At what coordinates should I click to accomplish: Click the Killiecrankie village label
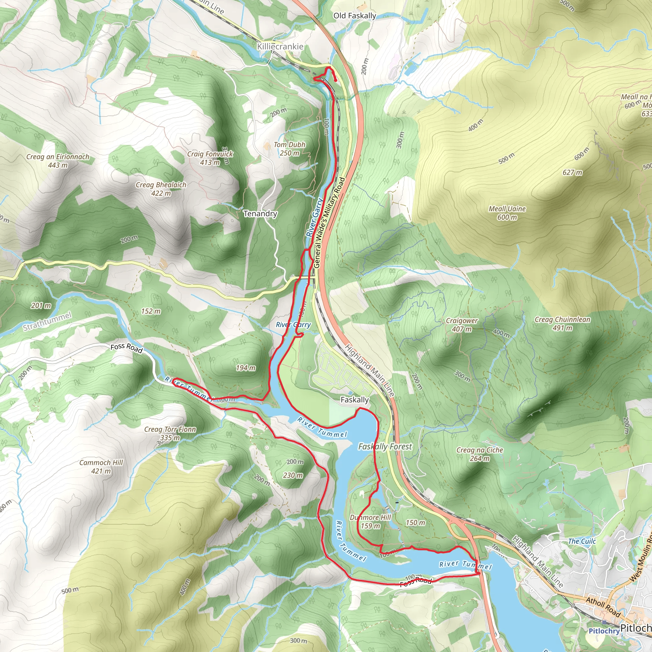(280, 46)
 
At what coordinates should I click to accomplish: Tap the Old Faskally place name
(354, 16)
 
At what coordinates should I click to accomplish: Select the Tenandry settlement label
(260, 214)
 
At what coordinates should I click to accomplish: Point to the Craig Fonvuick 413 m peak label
(210, 158)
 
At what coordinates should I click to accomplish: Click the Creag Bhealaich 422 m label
(161, 189)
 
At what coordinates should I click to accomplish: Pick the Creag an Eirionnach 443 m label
(58, 161)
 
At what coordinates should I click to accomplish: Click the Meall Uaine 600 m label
(507, 213)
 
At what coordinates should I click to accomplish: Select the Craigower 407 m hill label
(461, 325)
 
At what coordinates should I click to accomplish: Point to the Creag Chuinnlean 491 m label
(562, 324)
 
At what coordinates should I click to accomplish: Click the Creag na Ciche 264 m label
(479, 454)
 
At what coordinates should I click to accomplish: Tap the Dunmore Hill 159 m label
(370, 522)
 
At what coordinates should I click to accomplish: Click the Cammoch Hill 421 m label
(101, 467)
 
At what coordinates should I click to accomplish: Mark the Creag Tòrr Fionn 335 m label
(170, 434)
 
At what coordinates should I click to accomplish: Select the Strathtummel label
(47, 321)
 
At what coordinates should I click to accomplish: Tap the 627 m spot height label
(572, 173)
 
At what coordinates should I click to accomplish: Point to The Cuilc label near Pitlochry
(582, 542)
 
